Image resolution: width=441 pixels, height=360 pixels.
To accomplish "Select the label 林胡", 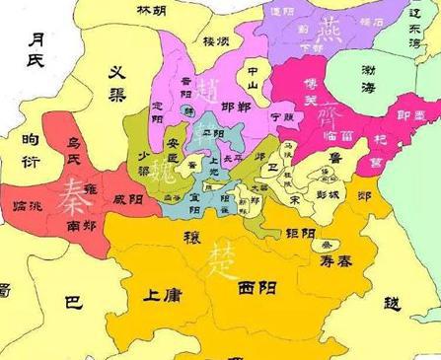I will click(x=151, y=9).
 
